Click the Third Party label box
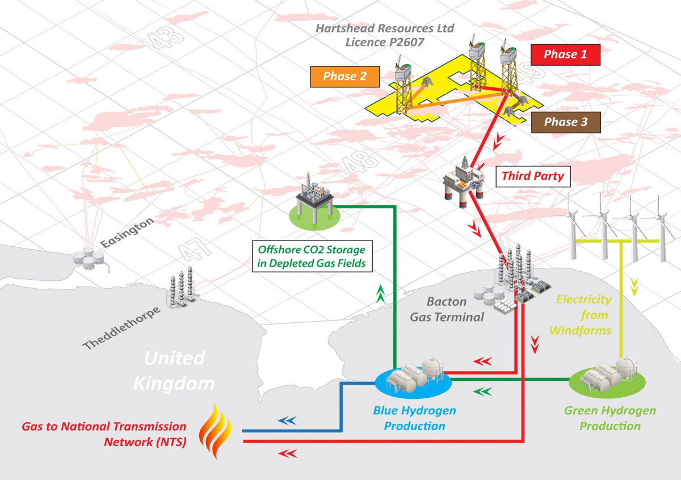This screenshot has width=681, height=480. [x=533, y=176]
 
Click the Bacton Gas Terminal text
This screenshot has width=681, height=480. [x=447, y=309]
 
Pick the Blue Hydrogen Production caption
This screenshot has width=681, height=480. [x=414, y=418]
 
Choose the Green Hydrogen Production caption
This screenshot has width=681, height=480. [x=609, y=418]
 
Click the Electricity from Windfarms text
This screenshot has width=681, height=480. [x=583, y=314]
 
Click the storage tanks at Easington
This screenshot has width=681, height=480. [x=90, y=258]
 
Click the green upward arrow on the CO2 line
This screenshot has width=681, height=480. [x=380, y=292]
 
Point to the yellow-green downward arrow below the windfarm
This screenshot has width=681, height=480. [x=634, y=286]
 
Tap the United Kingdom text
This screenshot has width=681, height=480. [x=174, y=370]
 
